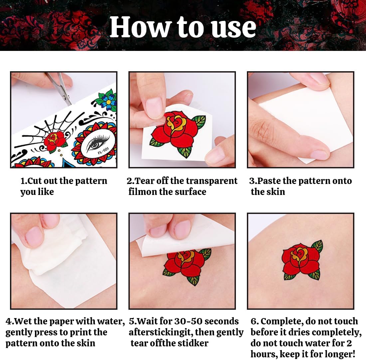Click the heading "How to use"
click(183, 27)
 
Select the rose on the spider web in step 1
click(55, 140)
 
